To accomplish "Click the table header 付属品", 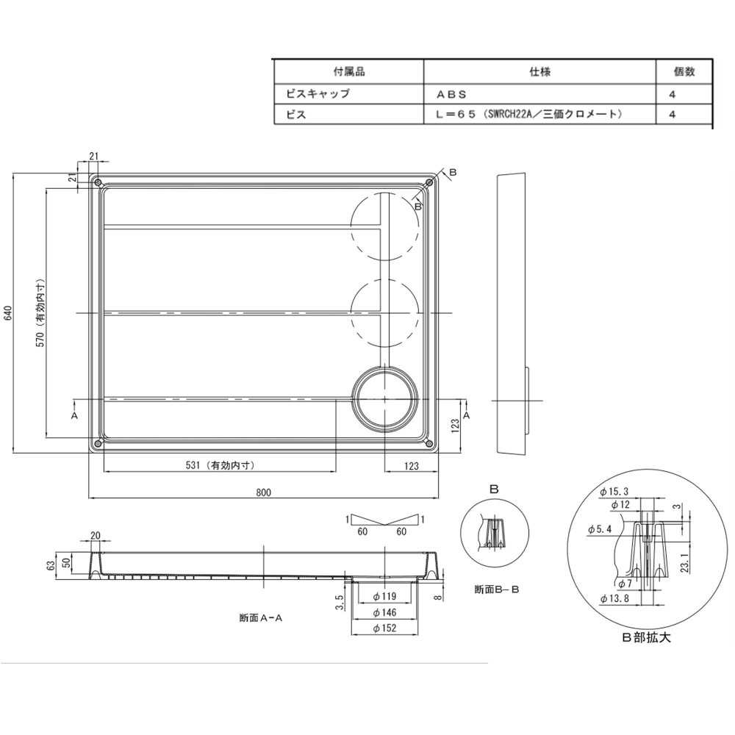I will click(349, 71).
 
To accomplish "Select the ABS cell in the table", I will click(451, 94).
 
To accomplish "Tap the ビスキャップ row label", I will click(318, 94).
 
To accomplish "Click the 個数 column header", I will click(684, 71).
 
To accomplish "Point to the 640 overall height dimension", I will click(8, 314).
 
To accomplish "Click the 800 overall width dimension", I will click(264, 492).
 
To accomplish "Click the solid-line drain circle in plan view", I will click(385, 399).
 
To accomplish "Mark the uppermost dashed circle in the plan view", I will click(385, 226).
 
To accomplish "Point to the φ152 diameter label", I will click(385, 628).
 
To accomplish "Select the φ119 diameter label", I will click(385, 596).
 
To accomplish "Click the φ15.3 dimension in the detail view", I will click(614, 491).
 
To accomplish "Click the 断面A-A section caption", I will click(261, 618).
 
